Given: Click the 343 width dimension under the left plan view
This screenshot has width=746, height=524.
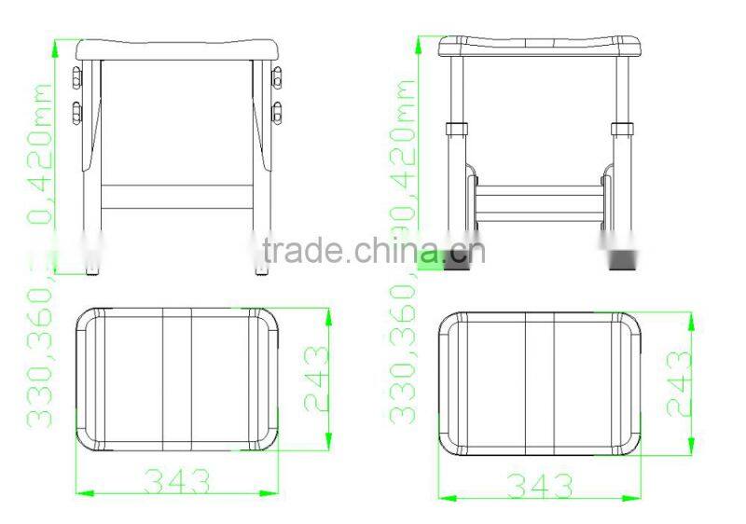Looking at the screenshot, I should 177,481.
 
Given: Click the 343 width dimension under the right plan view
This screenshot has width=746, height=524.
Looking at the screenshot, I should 539,485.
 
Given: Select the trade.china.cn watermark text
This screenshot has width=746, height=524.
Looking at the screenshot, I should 373,250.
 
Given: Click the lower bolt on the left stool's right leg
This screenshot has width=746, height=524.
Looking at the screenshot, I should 277,113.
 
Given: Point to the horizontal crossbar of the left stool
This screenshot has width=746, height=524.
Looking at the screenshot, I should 177,196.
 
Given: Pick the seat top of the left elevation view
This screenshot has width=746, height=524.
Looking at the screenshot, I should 177,48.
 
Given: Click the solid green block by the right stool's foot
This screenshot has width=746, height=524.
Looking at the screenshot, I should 431,261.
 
